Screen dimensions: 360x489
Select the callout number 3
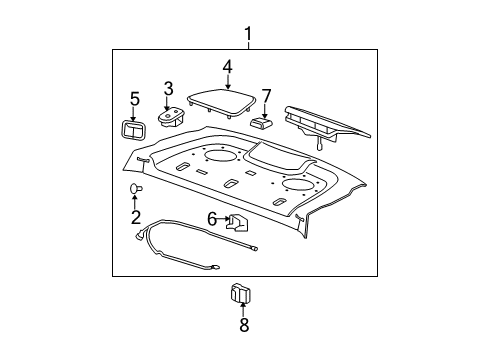[169, 88]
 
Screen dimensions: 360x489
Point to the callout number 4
[227, 68]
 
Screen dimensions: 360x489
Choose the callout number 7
[266, 96]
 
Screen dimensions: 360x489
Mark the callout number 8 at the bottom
[243, 324]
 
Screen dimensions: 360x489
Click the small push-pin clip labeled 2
[135, 188]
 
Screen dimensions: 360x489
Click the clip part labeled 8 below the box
[242, 293]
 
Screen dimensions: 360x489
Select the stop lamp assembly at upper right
[325, 121]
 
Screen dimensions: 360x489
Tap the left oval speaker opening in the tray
[225, 155]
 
